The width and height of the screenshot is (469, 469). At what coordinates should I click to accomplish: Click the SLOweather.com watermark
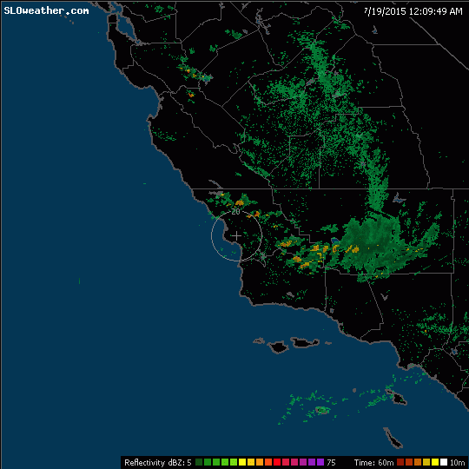pyautogui.click(x=46, y=10)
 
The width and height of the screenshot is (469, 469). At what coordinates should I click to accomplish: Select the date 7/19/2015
pyautogui.click(x=382, y=10)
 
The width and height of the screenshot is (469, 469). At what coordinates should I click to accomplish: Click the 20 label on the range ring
pyautogui.click(x=235, y=212)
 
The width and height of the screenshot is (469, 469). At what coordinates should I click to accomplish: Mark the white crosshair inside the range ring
pyautogui.click(x=236, y=235)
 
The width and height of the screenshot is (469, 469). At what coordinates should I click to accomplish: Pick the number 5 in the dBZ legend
pyautogui.click(x=188, y=462)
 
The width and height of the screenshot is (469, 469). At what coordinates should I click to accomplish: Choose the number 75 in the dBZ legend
pyautogui.click(x=331, y=462)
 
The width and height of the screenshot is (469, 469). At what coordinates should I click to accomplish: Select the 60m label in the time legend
pyautogui.click(x=386, y=462)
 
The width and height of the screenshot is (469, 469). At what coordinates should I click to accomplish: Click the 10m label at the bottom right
pyautogui.click(x=457, y=462)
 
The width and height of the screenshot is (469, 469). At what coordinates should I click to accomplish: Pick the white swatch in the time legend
pyautogui.click(x=442, y=462)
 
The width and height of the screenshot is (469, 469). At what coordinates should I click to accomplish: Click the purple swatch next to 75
pyautogui.click(x=320, y=462)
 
